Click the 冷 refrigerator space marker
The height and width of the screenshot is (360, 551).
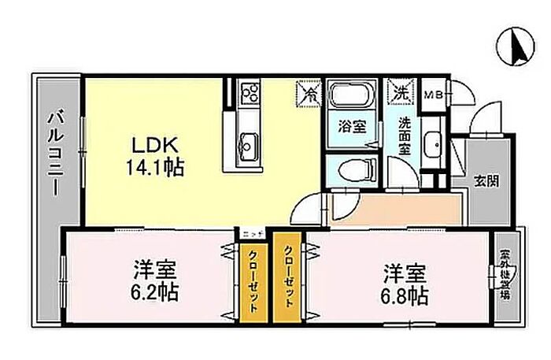[308, 94]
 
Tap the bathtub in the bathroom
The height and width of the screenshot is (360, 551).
[351, 98]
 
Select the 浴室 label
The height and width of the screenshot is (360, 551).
[350, 125]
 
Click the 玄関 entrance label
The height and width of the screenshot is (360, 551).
[485, 179]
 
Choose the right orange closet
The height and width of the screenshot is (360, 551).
[288, 276]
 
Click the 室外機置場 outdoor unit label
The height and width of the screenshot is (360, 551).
[505, 276]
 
